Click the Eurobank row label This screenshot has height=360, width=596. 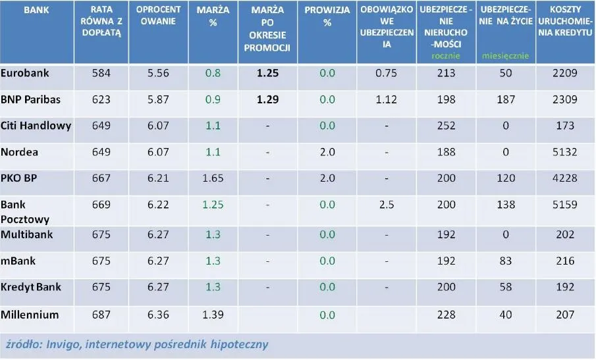(x=25, y=73)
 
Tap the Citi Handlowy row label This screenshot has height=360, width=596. (x=36, y=125)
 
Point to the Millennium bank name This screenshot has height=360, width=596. (x=30, y=315)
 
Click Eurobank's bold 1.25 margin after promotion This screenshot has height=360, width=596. (x=267, y=73)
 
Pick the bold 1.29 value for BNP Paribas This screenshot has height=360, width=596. (x=267, y=99)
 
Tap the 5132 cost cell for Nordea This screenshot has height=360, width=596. (x=565, y=152)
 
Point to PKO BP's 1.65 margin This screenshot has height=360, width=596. (x=213, y=178)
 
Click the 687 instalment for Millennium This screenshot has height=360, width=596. (x=101, y=315)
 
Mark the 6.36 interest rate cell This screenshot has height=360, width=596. (x=158, y=315)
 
